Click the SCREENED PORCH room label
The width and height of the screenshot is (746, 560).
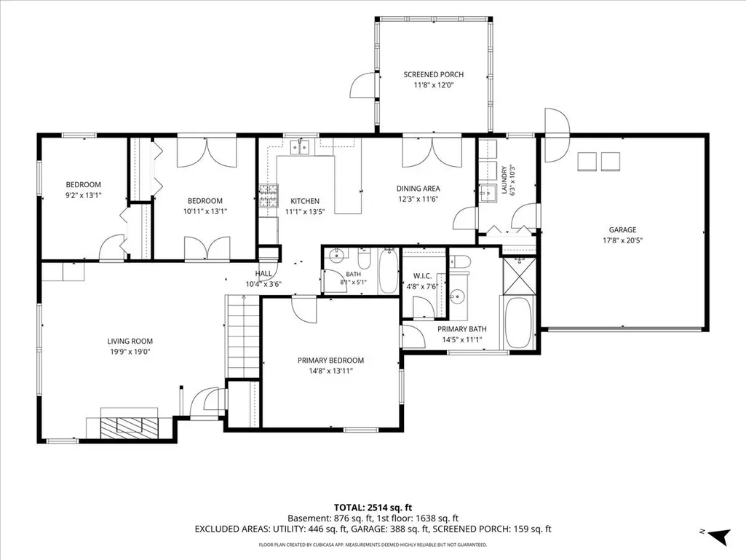click(x=434, y=74)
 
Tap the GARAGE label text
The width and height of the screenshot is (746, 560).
click(x=622, y=229)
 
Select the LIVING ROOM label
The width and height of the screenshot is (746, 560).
click(x=130, y=341)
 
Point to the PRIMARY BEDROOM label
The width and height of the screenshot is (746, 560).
click(x=330, y=360)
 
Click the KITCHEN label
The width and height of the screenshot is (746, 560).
click(x=305, y=201)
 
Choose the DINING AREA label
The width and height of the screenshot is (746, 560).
click(x=418, y=189)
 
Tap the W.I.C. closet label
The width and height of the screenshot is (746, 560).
click(x=422, y=276)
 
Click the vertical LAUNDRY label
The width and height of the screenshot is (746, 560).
click(x=504, y=180)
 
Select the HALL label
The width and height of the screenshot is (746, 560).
click(x=263, y=273)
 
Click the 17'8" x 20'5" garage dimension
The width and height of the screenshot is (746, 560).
click(x=622, y=240)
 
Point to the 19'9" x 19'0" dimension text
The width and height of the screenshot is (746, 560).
click(x=130, y=352)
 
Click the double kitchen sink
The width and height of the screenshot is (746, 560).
click(x=300, y=149)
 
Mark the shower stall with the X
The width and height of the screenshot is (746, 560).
click(x=519, y=276)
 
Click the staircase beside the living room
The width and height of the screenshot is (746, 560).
click(x=242, y=336)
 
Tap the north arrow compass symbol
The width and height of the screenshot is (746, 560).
click(x=719, y=535)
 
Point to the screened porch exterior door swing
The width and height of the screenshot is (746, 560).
click(x=362, y=85)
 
